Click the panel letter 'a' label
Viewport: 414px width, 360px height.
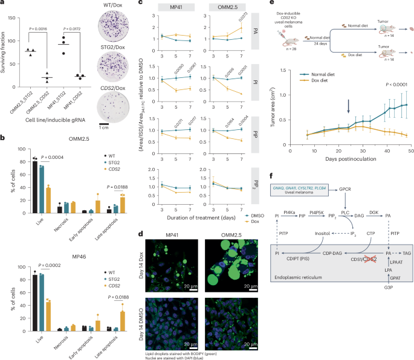point(3,4)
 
